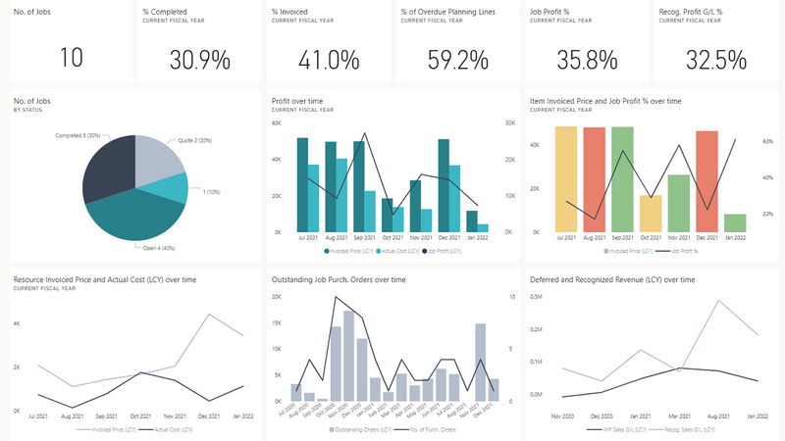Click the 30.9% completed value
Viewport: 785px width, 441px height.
200,58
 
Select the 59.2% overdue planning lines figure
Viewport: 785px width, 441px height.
458,58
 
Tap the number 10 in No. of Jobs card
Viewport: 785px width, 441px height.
71,58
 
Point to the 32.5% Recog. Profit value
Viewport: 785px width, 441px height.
716,58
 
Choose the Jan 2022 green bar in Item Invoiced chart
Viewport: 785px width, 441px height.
734,221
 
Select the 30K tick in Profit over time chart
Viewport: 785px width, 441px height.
510,122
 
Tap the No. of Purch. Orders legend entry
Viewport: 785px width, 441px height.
457,429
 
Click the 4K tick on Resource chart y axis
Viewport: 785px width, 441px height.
17,322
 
